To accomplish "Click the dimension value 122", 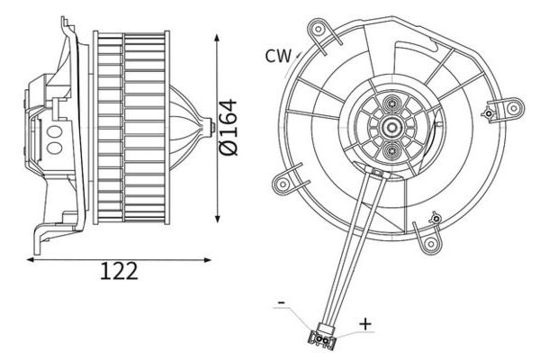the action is pyautogui.click(x=119, y=271).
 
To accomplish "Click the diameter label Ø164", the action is pyautogui.click(x=229, y=128).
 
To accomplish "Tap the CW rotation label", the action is pyautogui.click(x=278, y=56).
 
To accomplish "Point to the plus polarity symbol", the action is pyautogui.click(x=365, y=324).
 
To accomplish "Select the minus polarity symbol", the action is pyautogui.click(x=282, y=302).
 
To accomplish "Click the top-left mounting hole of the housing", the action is pyautogui.click(x=319, y=29).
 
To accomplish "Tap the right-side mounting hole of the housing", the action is pyautogui.click(x=514, y=109).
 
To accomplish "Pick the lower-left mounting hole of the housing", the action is pyautogui.click(x=283, y=184).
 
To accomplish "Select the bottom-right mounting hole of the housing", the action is pyautogui.click(x=430, y=244).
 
